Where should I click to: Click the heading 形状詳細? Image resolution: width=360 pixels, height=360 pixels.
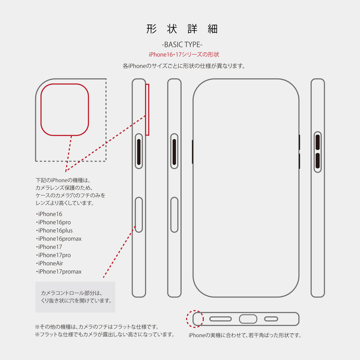point(182,29)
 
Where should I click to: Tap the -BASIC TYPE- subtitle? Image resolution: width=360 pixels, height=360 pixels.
point(182,45)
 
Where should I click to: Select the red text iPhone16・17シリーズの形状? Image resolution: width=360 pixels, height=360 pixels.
point(184,54)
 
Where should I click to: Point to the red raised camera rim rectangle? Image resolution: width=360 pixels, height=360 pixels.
point(147,109)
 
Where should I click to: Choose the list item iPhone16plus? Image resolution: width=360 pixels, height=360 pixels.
point(54,230)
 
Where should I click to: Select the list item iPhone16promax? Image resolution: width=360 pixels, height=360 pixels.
point(58,238)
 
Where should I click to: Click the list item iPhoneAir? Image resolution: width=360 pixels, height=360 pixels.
point(49,263)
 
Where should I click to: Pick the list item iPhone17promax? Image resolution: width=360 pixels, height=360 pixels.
point(58,272)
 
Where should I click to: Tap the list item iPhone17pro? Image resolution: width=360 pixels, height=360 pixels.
point(53,255)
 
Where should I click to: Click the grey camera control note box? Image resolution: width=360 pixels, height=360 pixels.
point(75,297)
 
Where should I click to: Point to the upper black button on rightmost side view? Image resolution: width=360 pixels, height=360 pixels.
point(318,142)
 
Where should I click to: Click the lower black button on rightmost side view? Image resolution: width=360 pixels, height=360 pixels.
point(318,161)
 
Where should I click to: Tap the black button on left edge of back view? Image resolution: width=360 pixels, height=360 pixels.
point(193,152)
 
